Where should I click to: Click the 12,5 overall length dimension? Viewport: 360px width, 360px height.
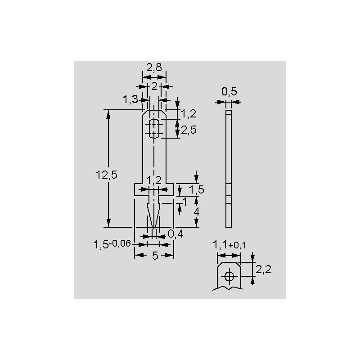click(x=107, y=175)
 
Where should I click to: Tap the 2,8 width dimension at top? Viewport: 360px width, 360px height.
click(x=154, y=67)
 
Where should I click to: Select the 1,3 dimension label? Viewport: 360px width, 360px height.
click(x=130, y=99)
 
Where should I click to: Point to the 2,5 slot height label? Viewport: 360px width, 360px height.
click(x=189, y=130)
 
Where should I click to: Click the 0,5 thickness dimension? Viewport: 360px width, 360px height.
click(x=229, y=92)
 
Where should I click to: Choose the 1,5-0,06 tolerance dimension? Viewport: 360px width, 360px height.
click(x=112, y=244)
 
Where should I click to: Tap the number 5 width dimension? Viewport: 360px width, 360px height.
click(x=155, y=256)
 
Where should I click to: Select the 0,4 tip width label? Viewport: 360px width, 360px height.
click(x=175, y=234)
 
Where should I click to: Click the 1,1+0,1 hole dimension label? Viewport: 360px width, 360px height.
click(x=229, y=245)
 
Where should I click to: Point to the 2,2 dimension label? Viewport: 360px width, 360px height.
click(x=263, y=269)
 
